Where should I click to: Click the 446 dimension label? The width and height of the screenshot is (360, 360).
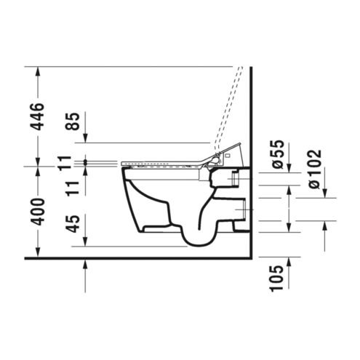point(39,116)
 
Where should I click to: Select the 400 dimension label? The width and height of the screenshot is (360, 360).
point(39,212)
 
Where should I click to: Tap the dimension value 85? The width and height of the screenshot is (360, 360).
point(73,121)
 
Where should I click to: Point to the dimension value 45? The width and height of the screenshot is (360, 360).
point(73,223)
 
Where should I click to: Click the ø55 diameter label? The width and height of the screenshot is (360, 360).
point(277,154)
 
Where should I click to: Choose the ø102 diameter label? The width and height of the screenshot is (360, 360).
point(315,169)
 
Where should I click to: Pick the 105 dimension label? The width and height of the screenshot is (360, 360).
point(277,278)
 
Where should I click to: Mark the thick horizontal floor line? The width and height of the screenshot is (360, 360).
point(138,258)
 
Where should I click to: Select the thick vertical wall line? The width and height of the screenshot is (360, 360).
point(252,162)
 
